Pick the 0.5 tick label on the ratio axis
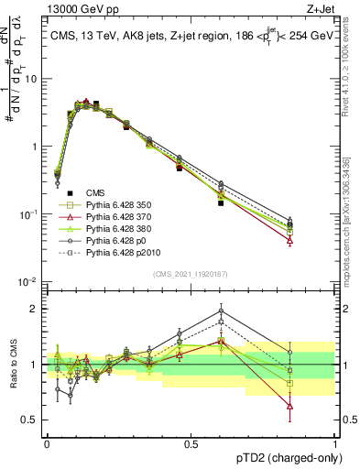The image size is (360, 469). pos(32,420)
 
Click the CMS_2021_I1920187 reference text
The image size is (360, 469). pos(191,274)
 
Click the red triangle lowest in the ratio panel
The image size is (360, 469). pos(289,405)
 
